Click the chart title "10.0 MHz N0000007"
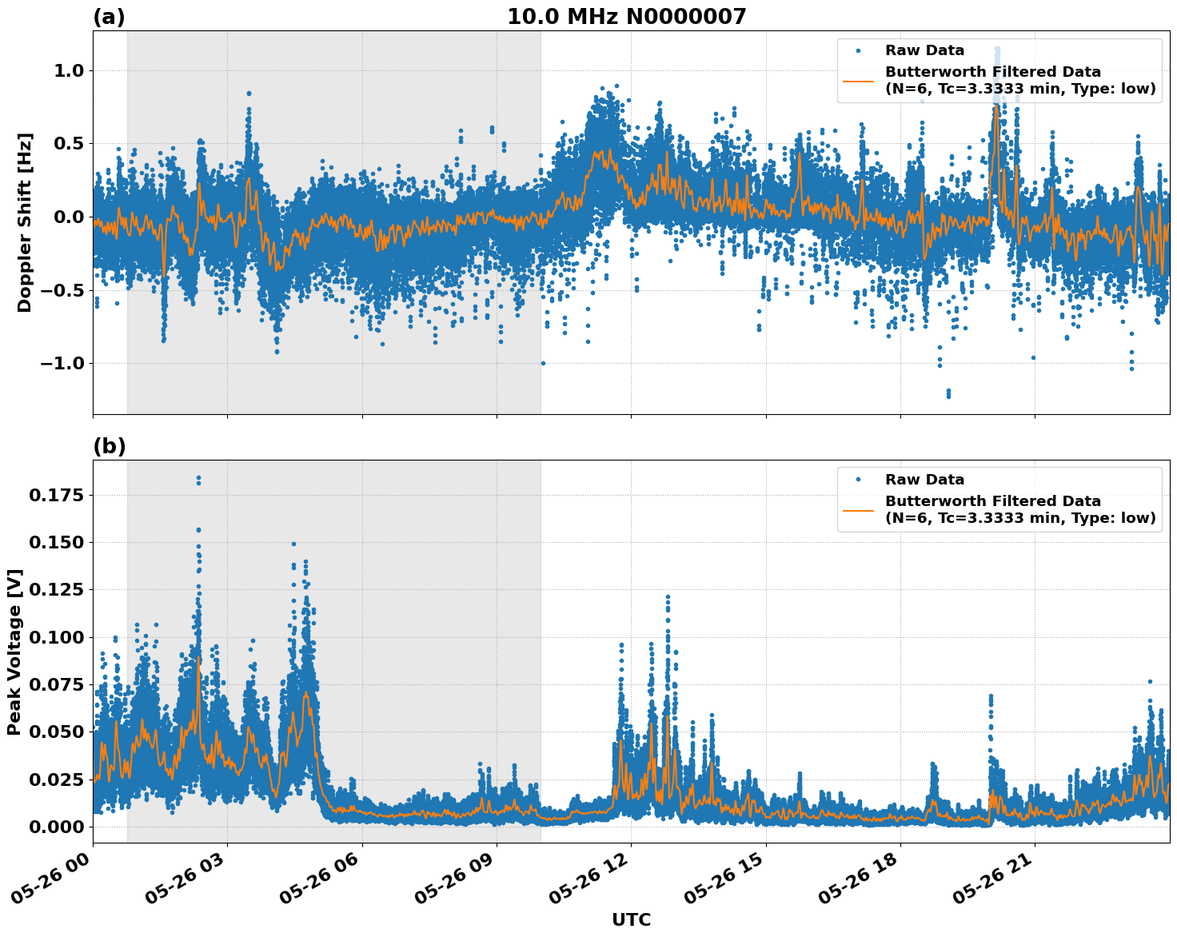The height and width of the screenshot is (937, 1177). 626,17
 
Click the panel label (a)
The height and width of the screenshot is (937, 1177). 109,17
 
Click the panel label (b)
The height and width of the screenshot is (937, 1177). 109,446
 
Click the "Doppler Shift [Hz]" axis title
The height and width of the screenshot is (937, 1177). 25,222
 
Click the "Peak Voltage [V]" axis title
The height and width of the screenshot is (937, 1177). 14,652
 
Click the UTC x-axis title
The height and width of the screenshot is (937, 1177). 631,919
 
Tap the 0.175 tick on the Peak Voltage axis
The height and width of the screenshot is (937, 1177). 56,496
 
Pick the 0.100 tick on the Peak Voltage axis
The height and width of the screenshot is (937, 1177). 56,637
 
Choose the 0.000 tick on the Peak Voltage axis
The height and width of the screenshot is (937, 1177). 56,827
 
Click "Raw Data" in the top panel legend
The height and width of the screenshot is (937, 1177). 924,50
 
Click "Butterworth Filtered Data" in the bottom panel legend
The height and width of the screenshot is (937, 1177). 992,501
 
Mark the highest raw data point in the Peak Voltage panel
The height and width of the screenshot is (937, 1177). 198,478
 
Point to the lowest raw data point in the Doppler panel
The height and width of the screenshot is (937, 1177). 948,396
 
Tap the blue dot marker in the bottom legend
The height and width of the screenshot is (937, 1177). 857,480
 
